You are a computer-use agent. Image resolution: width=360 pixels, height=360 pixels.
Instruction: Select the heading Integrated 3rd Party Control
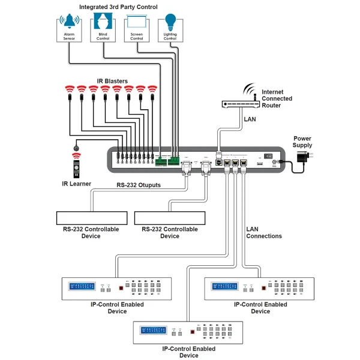(118, 7)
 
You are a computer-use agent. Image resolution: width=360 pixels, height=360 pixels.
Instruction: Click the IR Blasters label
(112, 81)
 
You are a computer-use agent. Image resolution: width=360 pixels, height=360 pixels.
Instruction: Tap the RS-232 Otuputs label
(138, 185)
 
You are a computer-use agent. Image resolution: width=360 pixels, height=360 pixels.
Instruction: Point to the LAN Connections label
(263, 232)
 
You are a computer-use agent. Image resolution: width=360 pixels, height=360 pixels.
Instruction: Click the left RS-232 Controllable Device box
(91, 217)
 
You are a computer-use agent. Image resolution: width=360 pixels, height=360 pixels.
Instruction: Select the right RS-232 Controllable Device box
(170, 217)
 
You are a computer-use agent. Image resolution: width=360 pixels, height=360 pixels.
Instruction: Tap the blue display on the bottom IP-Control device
(153, 331)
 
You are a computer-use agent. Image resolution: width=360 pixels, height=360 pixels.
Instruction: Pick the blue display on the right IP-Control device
(224, 288)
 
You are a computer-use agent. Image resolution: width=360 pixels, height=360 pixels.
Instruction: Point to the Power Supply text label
(302, 142)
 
